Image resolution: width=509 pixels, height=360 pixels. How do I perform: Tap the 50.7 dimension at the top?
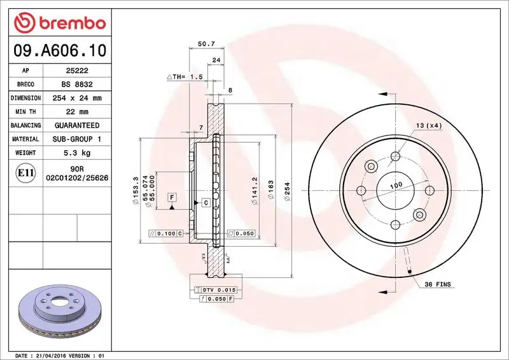point(206,44)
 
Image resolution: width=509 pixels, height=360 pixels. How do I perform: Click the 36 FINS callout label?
point(437,284)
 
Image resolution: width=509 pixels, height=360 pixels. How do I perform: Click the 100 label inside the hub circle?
point(396,185)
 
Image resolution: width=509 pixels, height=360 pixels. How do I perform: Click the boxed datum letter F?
point(172,197)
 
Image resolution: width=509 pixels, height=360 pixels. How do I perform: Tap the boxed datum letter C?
point(206,203)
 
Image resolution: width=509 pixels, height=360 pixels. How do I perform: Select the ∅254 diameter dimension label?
point(287,191)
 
